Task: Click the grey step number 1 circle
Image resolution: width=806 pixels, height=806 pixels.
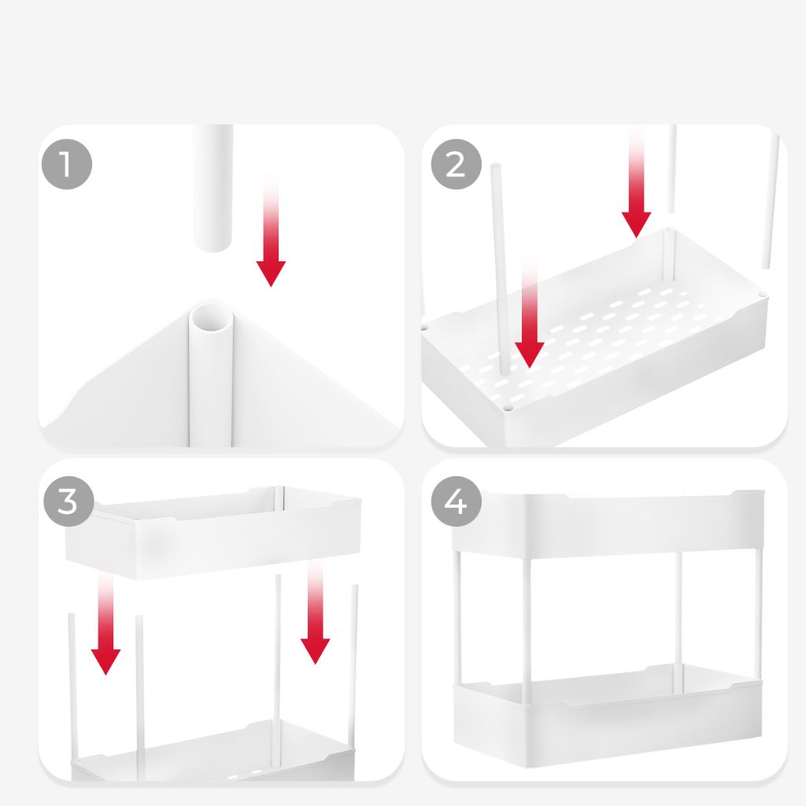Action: point(67,164)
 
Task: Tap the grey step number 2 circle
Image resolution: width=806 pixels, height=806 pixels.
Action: point(456,164)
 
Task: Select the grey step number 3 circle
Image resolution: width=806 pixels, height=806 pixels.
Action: point(69,501)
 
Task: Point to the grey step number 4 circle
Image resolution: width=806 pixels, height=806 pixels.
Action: point(456,501)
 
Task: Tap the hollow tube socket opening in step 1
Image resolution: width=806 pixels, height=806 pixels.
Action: point(211,318)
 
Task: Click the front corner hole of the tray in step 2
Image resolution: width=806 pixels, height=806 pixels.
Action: point(508,408)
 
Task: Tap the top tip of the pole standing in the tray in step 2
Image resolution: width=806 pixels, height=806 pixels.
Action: point(496,165)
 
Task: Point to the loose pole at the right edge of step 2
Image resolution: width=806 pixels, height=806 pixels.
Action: point(771,201)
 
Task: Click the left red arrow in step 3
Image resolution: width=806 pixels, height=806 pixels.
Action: point(105,624)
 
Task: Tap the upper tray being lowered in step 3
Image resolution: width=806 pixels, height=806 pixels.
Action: point(213,533)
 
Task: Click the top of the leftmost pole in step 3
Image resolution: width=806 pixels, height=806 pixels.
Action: point(72,615)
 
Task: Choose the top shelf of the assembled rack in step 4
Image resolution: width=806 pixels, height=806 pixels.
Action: point(608,524)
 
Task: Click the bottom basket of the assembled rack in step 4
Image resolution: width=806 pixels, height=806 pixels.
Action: point(608,715)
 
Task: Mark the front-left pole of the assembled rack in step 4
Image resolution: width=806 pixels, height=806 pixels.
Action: point(527,631)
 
